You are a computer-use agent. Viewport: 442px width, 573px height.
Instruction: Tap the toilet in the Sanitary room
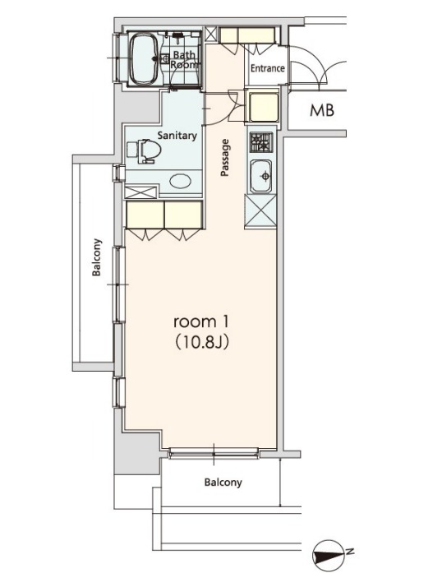click(x=145, y=151)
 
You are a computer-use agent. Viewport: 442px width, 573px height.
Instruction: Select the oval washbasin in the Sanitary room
click(x=181, y=181)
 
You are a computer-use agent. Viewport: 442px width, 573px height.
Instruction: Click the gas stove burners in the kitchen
click(x=261, y=142)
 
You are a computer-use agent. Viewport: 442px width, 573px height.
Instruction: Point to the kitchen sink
click(x=260, y=177)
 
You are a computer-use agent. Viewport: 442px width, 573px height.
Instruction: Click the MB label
click(x=322, y=110)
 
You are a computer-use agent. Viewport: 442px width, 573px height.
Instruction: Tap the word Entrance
click(x=267, y=68)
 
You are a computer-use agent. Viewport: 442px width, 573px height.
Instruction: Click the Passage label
click(x=225, y=158)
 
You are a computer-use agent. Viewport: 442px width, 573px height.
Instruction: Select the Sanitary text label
click(x=177, y=136)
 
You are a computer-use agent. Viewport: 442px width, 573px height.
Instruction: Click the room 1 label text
click(x=201, y=321)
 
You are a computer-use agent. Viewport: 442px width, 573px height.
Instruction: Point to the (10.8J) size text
click(x=202, y=343)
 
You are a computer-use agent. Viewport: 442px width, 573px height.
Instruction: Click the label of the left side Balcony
click(x=96, y=257)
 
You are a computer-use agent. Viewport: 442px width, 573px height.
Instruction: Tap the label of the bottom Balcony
click(x=223, y=483)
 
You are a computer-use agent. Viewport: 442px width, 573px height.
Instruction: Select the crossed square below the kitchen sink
click(x=260, y=211)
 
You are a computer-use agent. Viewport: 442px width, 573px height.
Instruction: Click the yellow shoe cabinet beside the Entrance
click(x=247, y=35)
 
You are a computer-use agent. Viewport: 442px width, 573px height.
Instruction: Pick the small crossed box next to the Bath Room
click(x=210, y=35)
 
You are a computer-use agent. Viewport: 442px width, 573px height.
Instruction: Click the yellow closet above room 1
click(x=164, y=215)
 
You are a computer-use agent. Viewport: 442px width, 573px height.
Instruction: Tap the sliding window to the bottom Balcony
click(x=214, y=453)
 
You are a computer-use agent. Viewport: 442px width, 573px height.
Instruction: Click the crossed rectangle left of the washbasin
click(x=140, y=192)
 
